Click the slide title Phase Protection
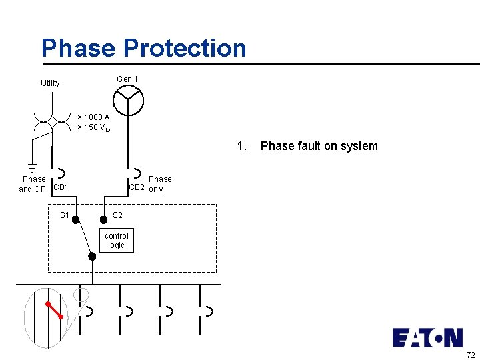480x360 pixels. click(x=143, y=48)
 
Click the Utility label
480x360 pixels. click(x=50, y=83)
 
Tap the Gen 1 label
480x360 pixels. click(x=127, y=79)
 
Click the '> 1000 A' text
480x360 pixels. click(x=93, y=117)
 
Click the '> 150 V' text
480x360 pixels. click(x=94, y=127)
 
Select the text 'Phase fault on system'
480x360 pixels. click(x=319, y=146)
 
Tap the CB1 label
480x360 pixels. click(x=61, y=187)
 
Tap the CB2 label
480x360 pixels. click(x=136, y=187)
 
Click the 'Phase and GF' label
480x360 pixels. click(x=33, y=184)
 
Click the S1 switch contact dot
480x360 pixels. click(x=76, y=219)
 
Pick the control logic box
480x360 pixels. click(x=117, y=241)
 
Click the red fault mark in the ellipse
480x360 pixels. click(x=55, y=310)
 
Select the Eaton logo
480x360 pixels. click(x=427, y=338)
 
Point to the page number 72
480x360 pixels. click(x=471, y=354)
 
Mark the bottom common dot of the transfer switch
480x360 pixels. click(x=92, y=256)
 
